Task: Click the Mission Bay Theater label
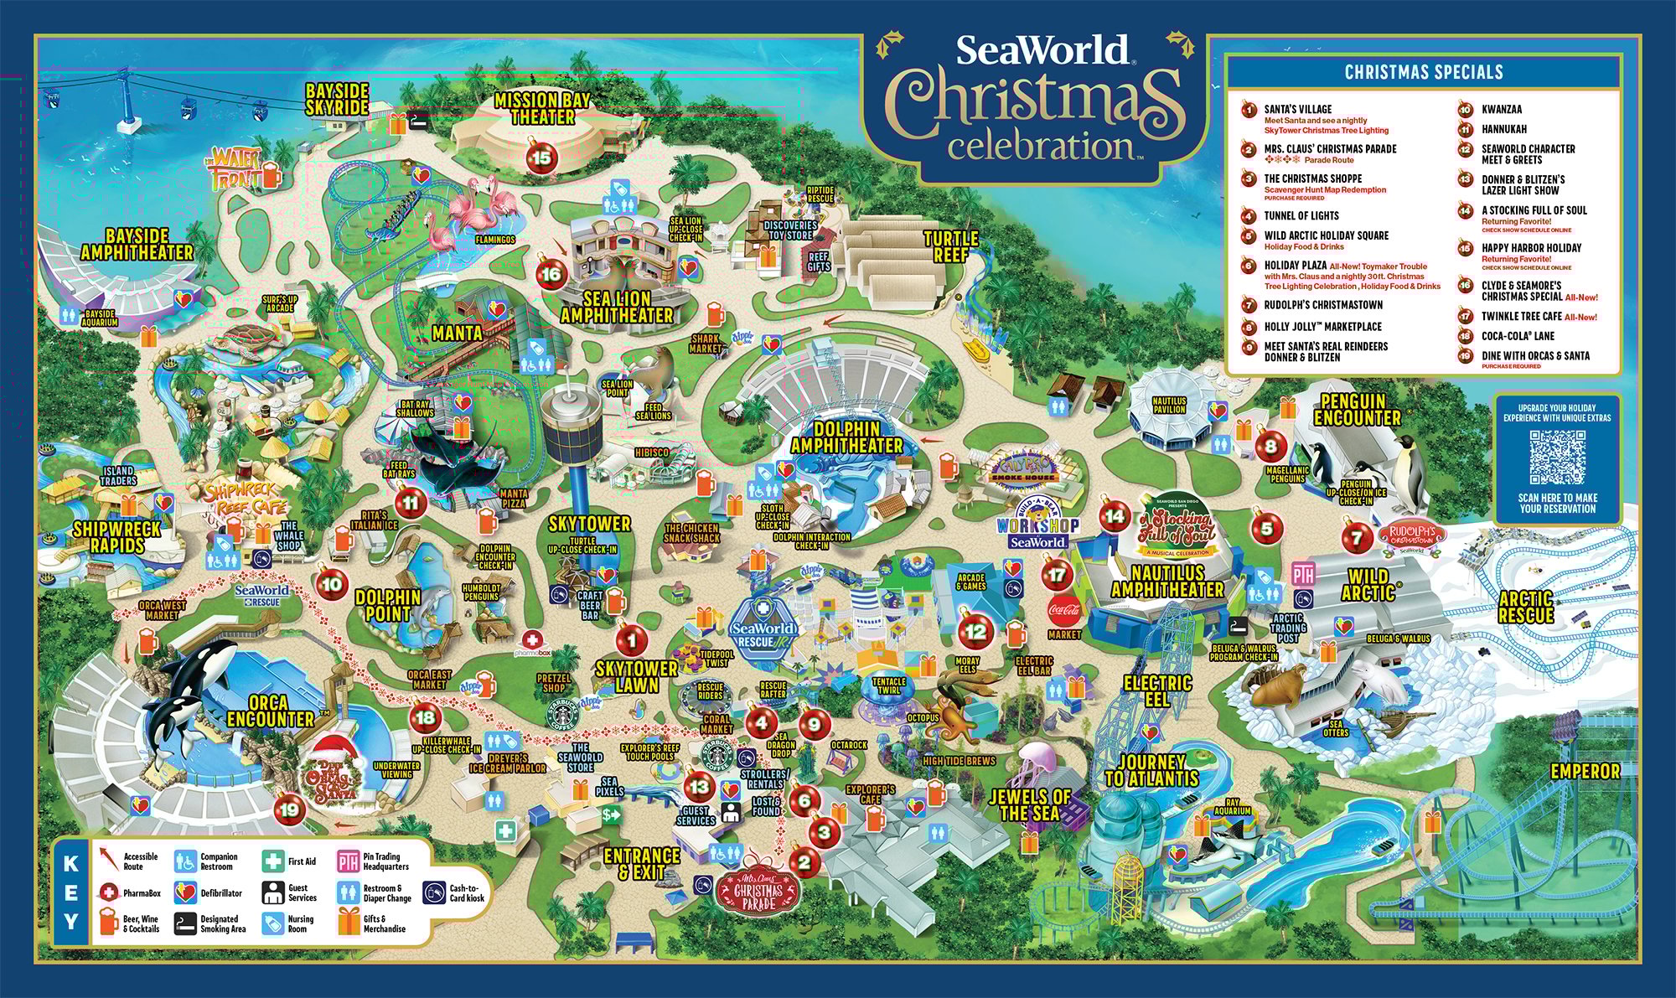(542, 109)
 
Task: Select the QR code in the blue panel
(1557, 457)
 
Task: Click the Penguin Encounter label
(1357, 410)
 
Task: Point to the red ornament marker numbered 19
(289, 809)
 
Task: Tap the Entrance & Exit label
(641, 864)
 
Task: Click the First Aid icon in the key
(273, 861)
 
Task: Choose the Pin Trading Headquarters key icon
(349, 861)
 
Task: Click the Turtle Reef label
(951, 247)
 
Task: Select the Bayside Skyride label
(337, 99)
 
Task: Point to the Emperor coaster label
(1585, 771)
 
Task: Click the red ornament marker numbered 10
(332, 584)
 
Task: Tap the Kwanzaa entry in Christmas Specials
(1501, 109)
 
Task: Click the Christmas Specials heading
(1424, 72)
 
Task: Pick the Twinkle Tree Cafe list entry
(1521, 317)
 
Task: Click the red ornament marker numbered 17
(1057, 575)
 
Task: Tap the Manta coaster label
(457, 333)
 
